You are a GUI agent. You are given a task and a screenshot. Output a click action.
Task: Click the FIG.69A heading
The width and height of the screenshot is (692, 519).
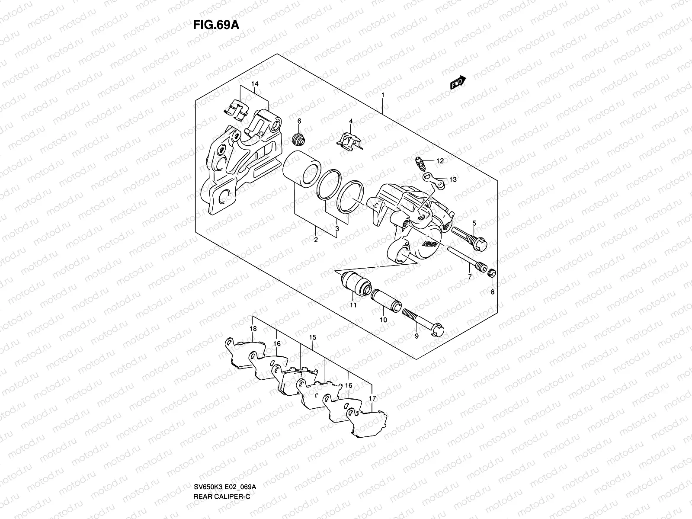tap(216, 25)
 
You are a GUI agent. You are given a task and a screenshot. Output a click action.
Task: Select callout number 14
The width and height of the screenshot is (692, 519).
tap(255, 84)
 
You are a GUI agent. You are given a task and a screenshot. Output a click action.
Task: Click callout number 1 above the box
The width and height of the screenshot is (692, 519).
tap(383, 95)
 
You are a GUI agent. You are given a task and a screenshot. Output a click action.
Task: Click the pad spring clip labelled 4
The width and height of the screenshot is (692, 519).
tap(350, 141)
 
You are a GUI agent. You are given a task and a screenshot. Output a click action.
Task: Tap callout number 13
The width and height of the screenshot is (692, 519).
tap(453, 179)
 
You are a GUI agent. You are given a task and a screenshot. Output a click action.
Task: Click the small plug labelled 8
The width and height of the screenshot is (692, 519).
tap(492, 273)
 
